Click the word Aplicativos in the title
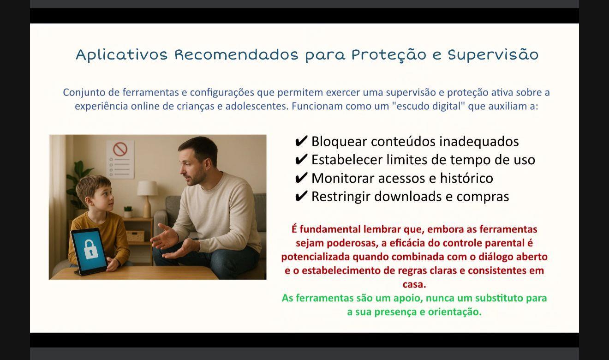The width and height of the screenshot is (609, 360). (x=121, y=54)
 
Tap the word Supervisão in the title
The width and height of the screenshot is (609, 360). (x=493, y=55)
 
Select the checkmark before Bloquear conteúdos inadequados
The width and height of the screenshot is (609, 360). (x=301, y=141)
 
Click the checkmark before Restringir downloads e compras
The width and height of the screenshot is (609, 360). (x=301, y=196)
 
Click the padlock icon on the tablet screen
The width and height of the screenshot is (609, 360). (x=91, y=249)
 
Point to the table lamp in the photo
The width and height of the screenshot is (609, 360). (x=147, y=198)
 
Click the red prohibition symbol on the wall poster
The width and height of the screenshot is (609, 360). (x=120, y=149)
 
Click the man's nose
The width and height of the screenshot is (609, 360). (x=183, y=170)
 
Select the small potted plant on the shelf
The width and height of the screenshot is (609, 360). (x=127, y=212)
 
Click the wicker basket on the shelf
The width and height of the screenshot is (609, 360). (x=135, y=236)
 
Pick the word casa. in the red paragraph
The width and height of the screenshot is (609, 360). (x=414, y=284)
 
